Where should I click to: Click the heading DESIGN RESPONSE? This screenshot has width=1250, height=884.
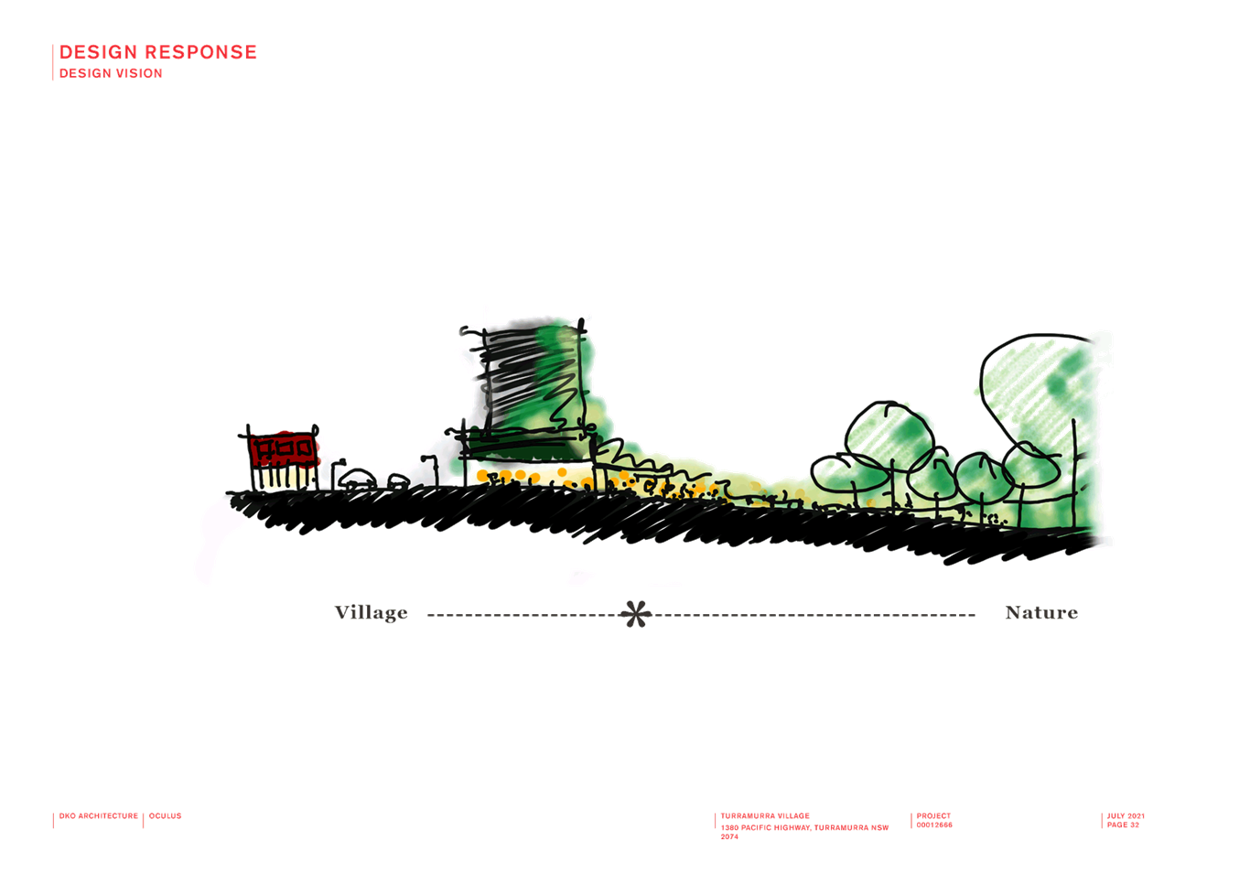[158, 52]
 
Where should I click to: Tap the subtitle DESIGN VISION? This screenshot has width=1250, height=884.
[111, 73]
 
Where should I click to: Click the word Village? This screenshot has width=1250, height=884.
[372, 613]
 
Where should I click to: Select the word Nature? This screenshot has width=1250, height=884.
[1041, 613]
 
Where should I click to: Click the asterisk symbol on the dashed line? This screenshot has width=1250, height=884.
[636, 614]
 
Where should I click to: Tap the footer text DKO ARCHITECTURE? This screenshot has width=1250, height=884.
[98, 816]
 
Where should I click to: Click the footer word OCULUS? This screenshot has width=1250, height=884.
[166, 816]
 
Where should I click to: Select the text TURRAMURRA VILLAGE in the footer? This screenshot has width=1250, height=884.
[765, 816]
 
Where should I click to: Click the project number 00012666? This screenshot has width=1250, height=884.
[934, 825]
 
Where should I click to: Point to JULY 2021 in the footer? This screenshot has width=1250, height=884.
[1126, 816]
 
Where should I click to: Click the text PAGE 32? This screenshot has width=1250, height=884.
[1123, 825]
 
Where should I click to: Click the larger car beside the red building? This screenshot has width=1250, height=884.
[357, 480]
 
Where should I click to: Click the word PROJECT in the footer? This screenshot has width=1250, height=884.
[933, 816]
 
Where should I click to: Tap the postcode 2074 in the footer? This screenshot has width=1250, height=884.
[728, 836]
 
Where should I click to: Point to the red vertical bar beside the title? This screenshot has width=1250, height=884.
[53, 62]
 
